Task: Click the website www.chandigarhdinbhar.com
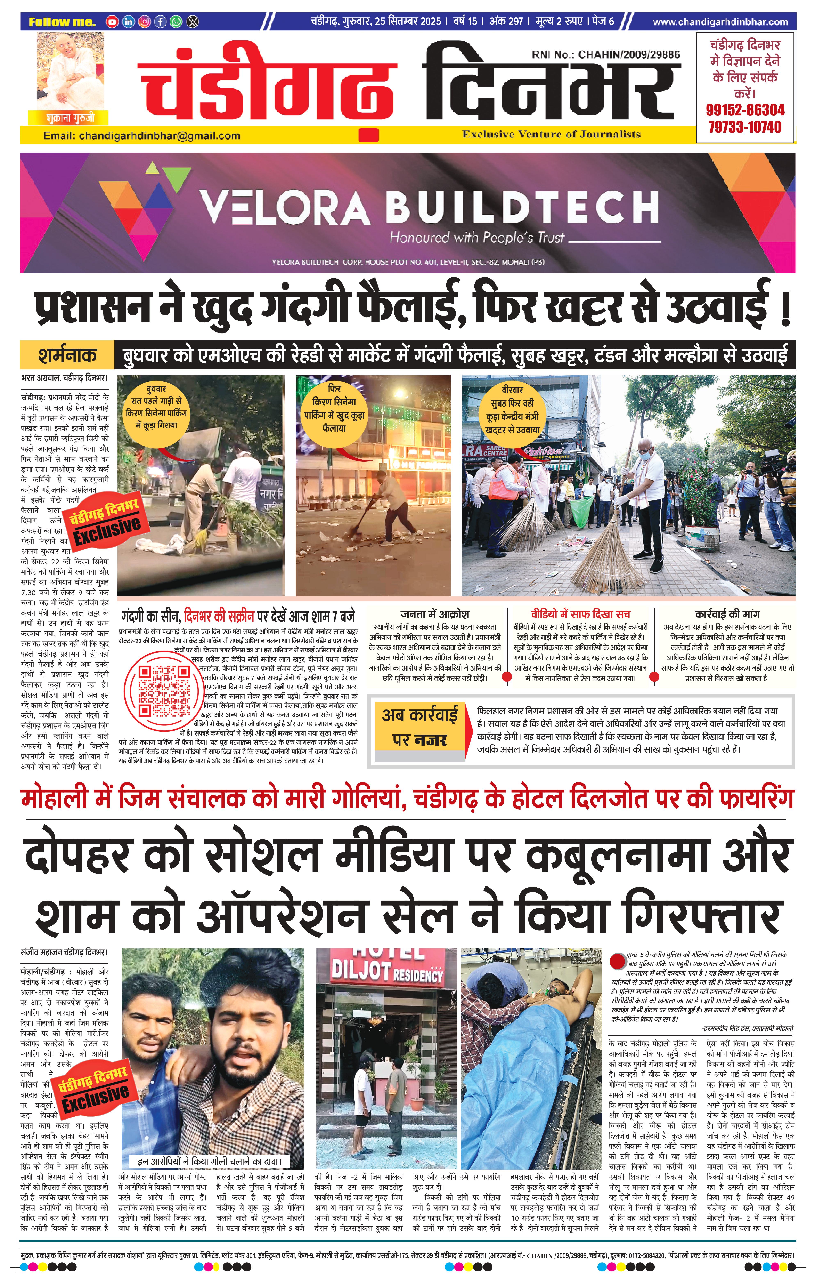(720, 22)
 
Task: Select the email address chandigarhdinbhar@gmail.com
(159, 135)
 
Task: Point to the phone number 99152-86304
(745, 110)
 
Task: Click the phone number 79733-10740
(745, 127)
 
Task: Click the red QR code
(163, 691)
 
